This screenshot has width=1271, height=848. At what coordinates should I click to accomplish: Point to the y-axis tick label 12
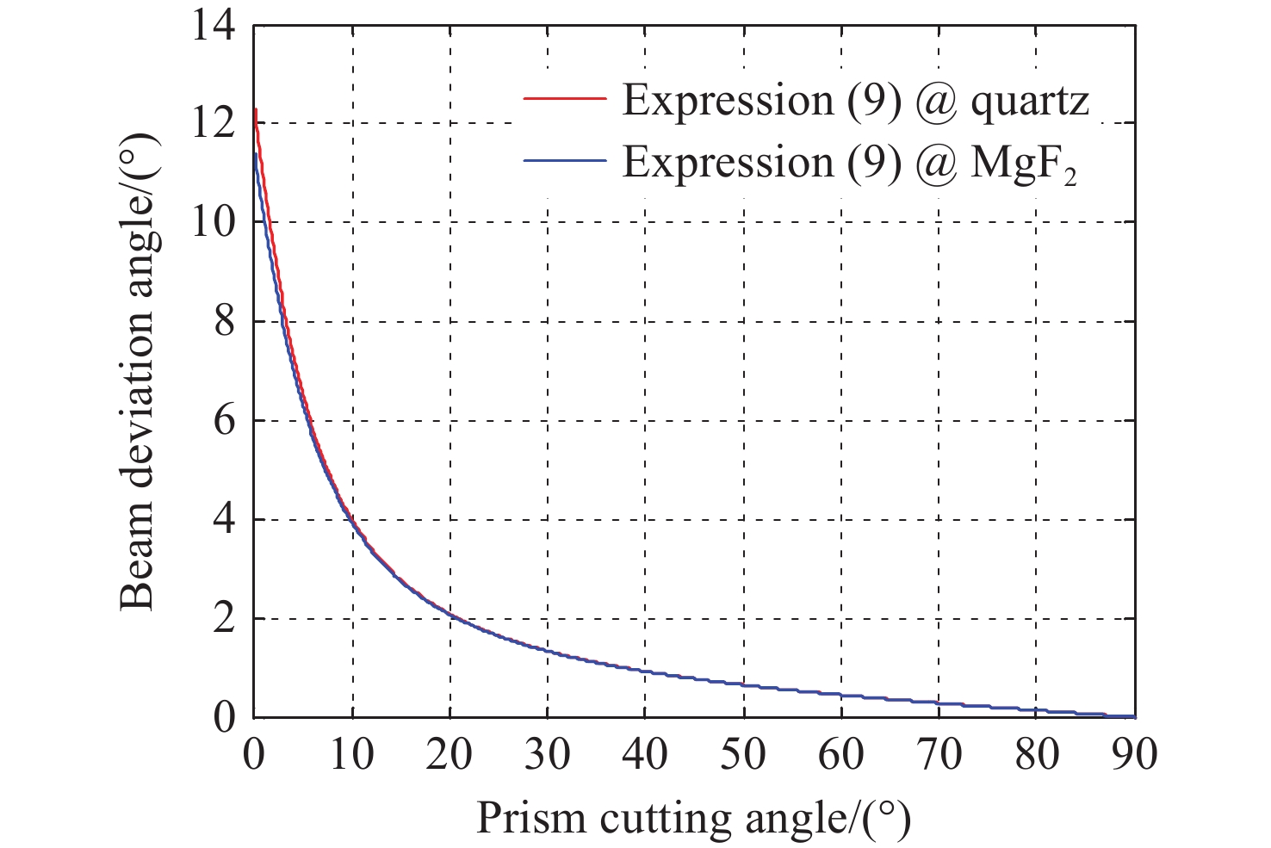tap(212, 123)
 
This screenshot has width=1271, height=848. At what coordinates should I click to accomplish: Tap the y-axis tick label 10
tap(212, 222)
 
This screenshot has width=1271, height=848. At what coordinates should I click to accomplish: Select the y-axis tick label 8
tap(223, 322)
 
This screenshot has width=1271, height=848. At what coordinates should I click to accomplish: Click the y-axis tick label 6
tap(223, 421)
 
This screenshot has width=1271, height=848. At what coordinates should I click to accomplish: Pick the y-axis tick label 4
tap(223, 520)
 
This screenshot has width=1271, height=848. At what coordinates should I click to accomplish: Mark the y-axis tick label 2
tap(223, 619)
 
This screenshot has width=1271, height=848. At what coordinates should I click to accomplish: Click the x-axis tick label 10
tap(351, 755)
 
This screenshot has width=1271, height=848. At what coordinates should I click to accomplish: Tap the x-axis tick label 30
tap(548, 755)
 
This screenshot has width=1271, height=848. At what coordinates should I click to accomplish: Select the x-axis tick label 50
tap(743, 755)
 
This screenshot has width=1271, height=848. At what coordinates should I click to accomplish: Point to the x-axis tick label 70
tap(939, 755)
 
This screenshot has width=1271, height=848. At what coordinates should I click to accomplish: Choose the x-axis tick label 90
tap(1135, 755)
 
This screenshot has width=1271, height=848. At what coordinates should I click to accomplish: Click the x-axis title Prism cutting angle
tap(693, 818)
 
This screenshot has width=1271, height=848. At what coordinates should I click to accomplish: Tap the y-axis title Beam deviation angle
tap(138, 371)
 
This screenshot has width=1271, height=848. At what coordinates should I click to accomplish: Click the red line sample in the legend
tap(565, 100)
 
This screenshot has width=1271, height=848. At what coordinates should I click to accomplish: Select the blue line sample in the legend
tap(565, 161)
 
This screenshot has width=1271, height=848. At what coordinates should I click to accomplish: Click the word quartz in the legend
tap(1030, 102)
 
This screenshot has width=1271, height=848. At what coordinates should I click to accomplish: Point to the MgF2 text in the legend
tap(1024, 164)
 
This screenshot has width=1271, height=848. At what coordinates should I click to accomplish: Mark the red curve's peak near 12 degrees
tap(256, 110)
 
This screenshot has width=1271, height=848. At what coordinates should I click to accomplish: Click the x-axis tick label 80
tap(1038, 755)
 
